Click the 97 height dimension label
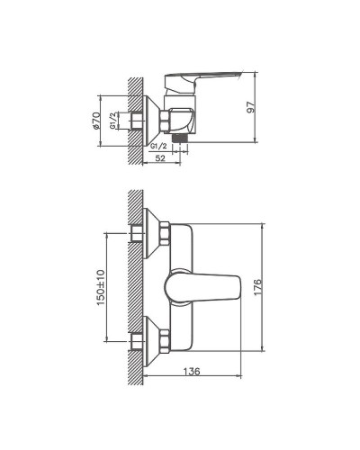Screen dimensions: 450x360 point(264,108)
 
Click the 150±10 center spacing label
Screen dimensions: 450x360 point(101,289)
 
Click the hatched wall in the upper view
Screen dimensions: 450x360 point(134,117)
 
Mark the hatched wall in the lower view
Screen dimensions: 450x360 point(134,288)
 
